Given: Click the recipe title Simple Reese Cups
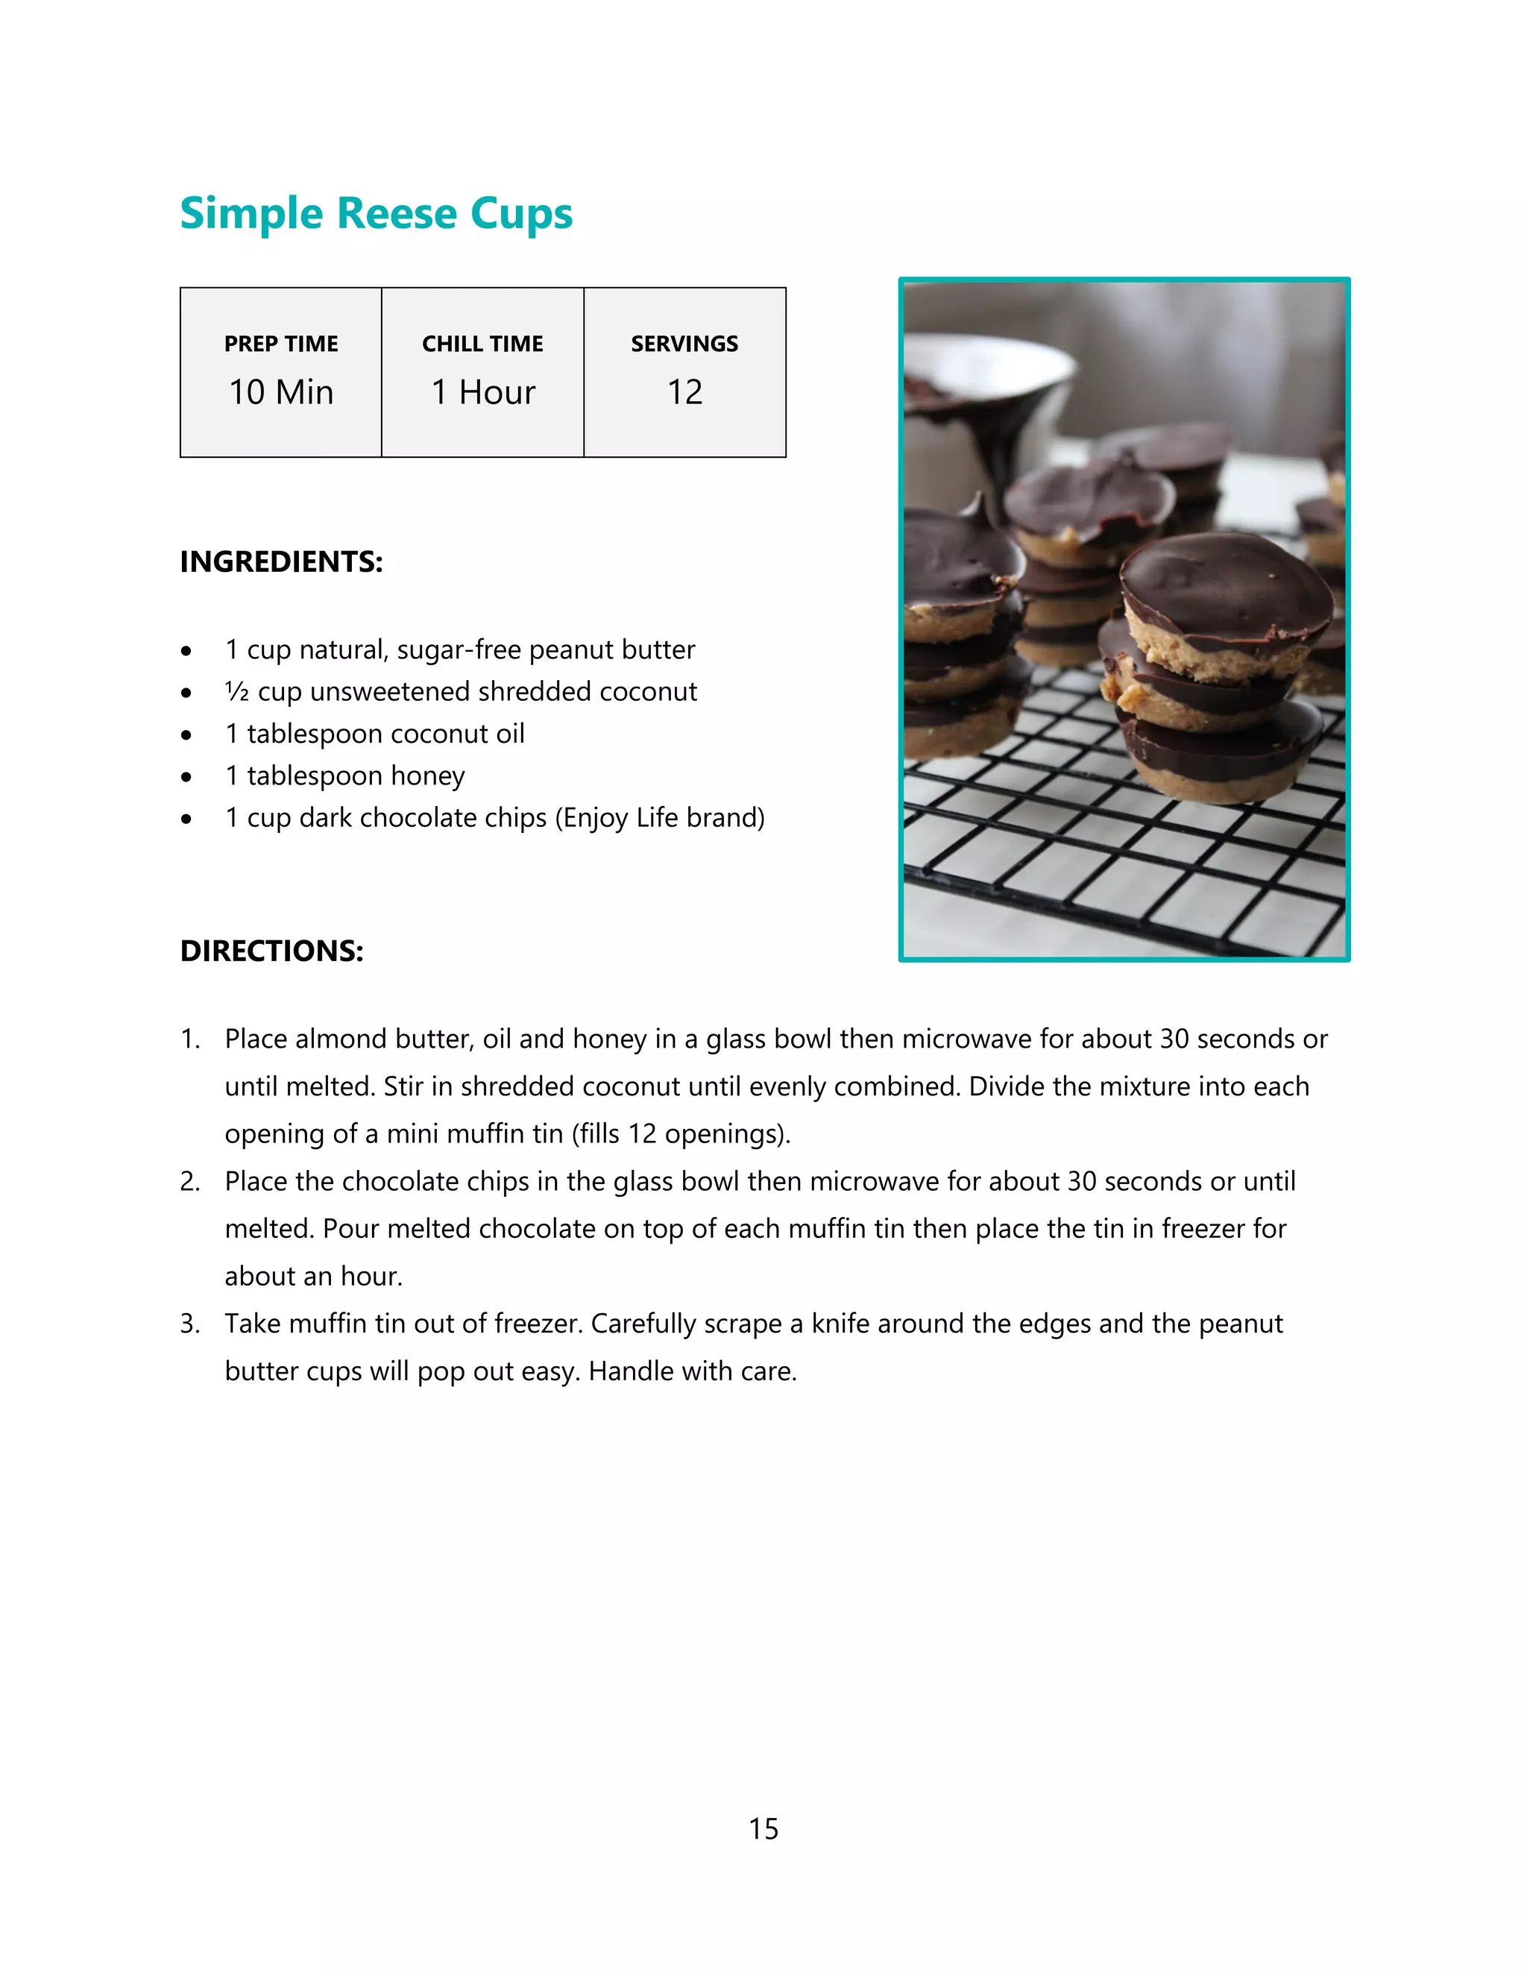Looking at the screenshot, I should (x=376, y=215).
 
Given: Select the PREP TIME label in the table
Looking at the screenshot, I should (x=280, y=344).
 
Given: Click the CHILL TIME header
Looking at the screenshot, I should (x=482, y=344).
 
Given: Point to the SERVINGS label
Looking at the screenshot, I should (x=684, y=344).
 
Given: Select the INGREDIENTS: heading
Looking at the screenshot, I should (x=281, y=562).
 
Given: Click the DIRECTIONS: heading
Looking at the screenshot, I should (x=271, y=951).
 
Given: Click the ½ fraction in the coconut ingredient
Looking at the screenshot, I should (x=236, y=692).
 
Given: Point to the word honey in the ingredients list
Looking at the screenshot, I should (x=428, y=776).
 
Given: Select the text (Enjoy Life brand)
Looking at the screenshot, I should (x=659, y=818).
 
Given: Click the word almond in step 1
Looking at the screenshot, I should (x=330, y=1039).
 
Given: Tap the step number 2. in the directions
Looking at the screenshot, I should (x=190, y=1182).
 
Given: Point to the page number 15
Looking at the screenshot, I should (x=763, y=1828).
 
